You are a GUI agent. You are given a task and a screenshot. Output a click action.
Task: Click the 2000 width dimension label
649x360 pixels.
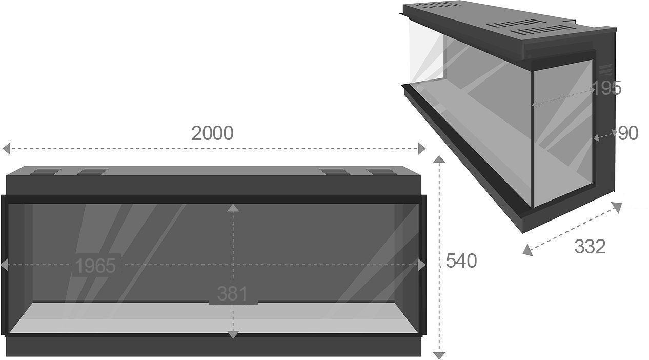212,133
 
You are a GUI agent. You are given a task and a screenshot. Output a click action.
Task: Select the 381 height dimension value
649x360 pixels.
232,294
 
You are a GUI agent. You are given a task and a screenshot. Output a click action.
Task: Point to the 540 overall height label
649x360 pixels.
461,261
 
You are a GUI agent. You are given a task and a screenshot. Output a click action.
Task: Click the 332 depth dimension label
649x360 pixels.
590,247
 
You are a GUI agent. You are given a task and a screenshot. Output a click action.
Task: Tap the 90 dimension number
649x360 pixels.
627,133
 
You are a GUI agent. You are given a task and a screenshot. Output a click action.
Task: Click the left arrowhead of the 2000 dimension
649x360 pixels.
6,149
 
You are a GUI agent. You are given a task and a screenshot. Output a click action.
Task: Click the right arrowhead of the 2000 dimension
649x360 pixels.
422,149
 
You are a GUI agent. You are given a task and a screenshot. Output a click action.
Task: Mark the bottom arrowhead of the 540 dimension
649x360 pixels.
439,355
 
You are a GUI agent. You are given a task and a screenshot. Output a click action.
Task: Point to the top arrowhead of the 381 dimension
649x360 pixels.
233,208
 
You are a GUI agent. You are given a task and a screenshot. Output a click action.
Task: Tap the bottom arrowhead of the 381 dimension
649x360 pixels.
233,335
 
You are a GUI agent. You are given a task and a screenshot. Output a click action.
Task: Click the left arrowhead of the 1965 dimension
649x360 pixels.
4,265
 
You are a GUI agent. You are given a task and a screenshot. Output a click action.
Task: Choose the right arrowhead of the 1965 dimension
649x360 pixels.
421,265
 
